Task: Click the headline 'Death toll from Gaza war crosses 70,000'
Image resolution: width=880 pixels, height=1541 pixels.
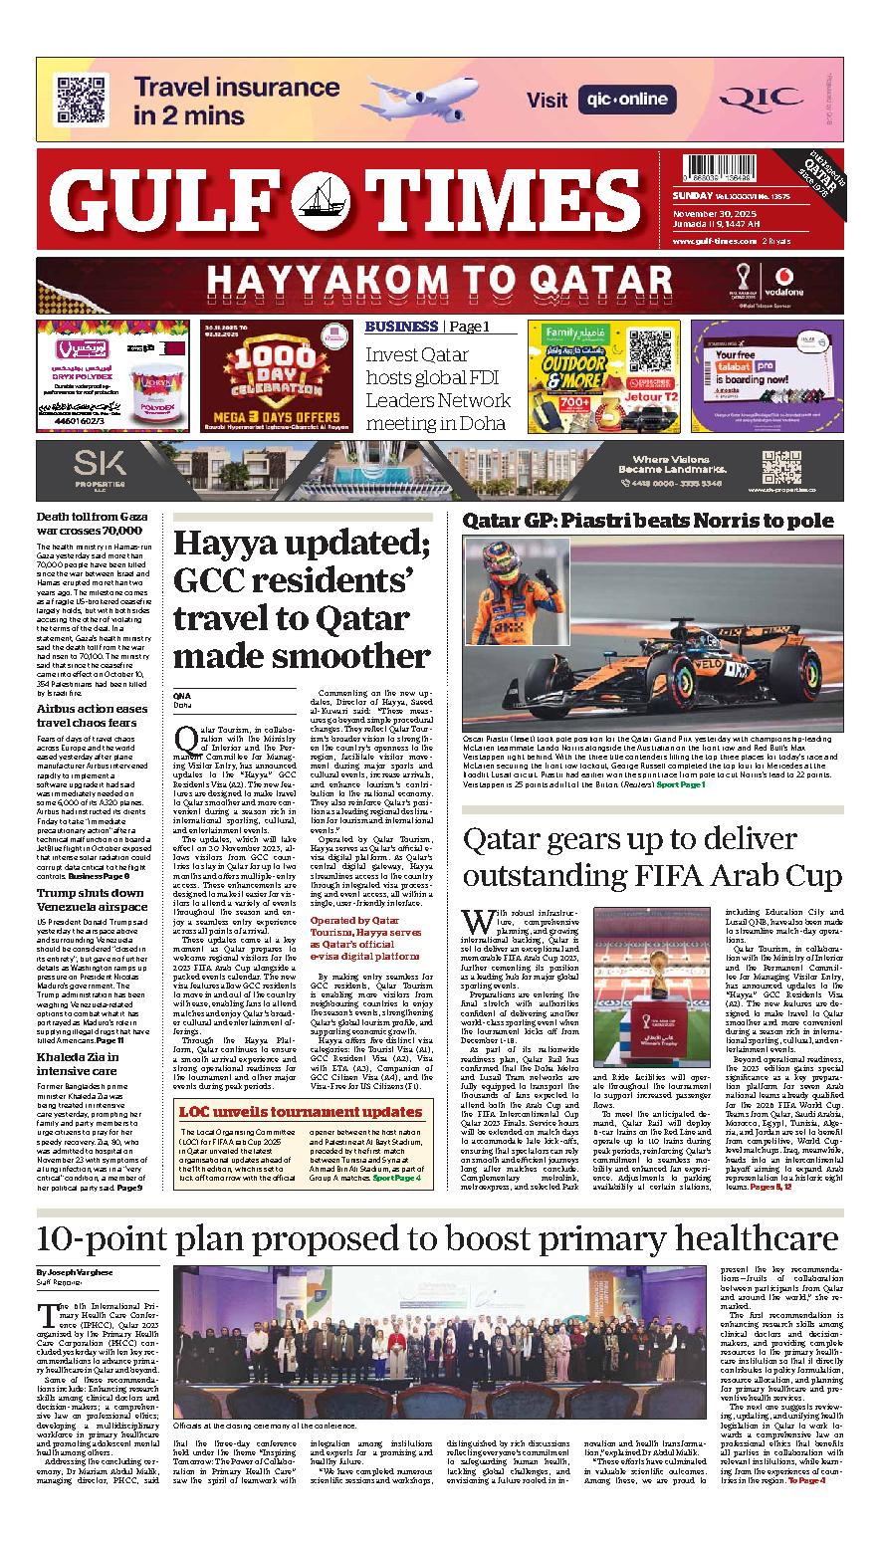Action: click(x=92, y=524)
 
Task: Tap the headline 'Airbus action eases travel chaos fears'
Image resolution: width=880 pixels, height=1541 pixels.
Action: click(x=92, y=716)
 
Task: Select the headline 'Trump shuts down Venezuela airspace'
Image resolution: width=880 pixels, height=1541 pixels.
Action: click(x=92, y=900)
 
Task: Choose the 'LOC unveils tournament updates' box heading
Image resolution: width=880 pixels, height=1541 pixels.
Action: click(x=300, y=1112)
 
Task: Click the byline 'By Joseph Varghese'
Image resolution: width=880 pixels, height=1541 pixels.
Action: click(x=75, y=1273)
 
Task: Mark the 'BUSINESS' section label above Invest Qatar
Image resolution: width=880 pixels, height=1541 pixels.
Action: click(x=400, y=327)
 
